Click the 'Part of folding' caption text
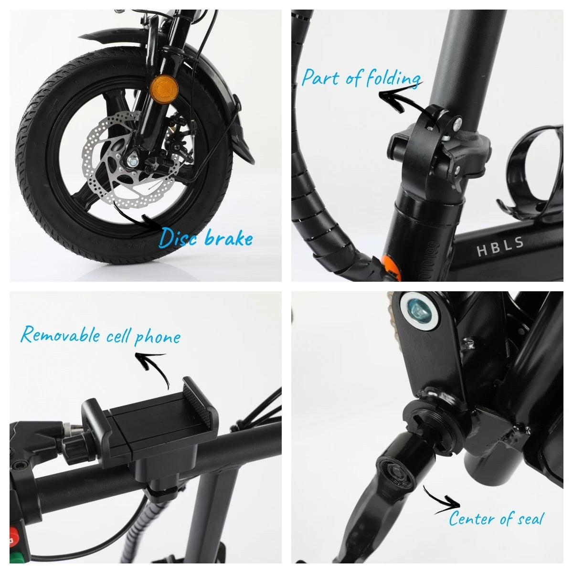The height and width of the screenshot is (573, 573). (361, 77)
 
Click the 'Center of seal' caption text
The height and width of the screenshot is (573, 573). (496, 518)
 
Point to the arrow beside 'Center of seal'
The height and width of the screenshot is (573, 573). (442, 501)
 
